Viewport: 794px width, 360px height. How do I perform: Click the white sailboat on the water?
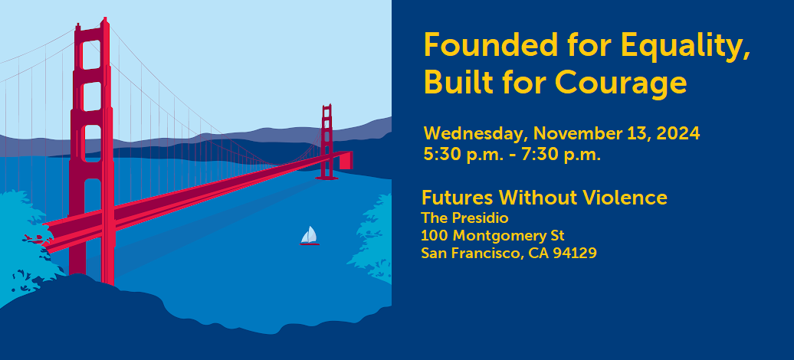pos(310,237)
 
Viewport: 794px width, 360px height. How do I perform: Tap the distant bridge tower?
pos(327,142)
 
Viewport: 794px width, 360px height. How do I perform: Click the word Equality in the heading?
pos(685,46)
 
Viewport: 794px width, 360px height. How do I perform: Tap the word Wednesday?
pos(477,134)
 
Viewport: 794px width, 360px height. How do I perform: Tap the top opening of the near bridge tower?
pos(91,54)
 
